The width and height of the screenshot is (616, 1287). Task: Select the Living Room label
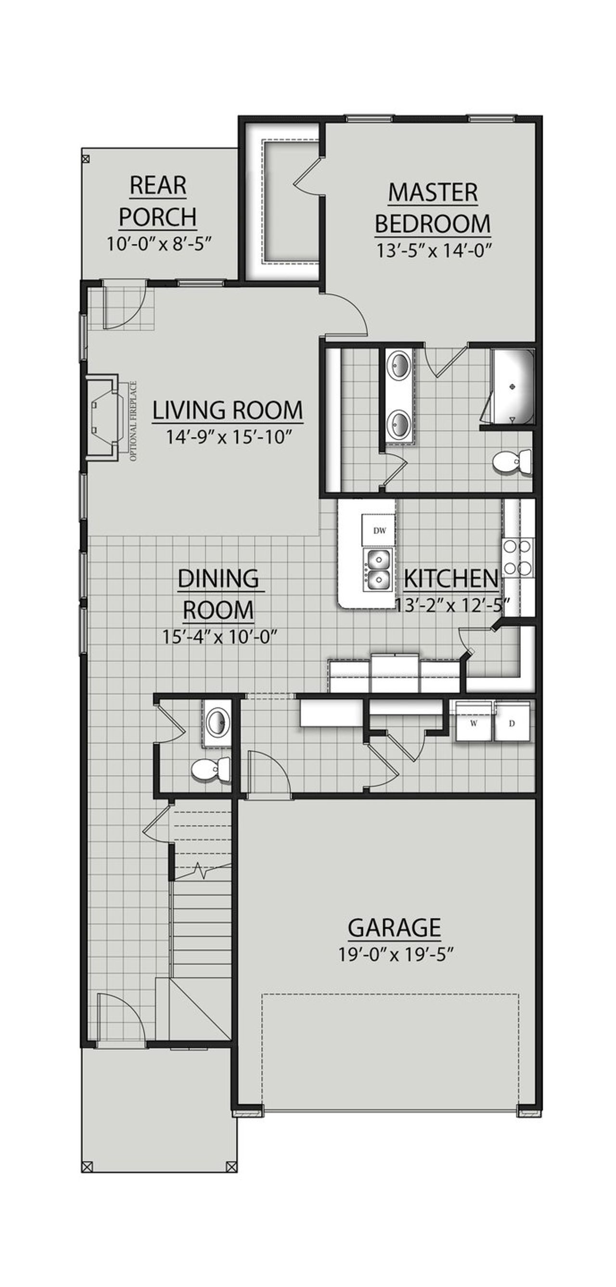click(x=227, y=411)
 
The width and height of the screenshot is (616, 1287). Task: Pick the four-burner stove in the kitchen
click(x=517, y=558)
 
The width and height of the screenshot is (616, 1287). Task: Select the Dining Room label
click(x=218, y=595)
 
